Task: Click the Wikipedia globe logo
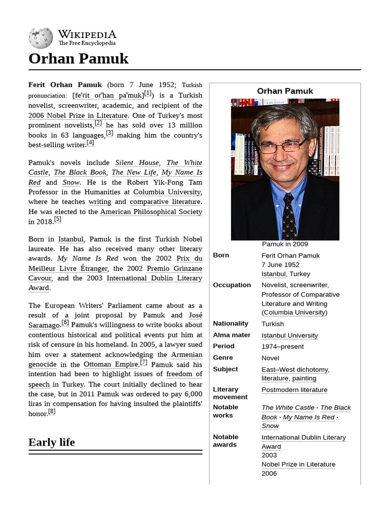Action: click(41, 38)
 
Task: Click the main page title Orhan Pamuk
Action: click(79, 59)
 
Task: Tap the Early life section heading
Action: click(52, 442)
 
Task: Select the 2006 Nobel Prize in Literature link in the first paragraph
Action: click(77, 115)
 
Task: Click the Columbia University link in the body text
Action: click(167, 192)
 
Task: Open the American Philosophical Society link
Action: click(151, 212)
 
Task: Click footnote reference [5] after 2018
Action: click(58, 219)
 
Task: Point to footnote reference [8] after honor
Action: click(52, 411)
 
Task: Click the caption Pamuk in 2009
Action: click(285, 244)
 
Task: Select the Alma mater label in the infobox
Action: click(231, 335)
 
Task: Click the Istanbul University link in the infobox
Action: click(289, 335)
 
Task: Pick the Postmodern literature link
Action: click(294, 390)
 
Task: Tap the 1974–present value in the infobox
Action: click(282, 347)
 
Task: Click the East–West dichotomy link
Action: click(295, 370)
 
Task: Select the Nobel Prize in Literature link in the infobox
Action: click(298, 464)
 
